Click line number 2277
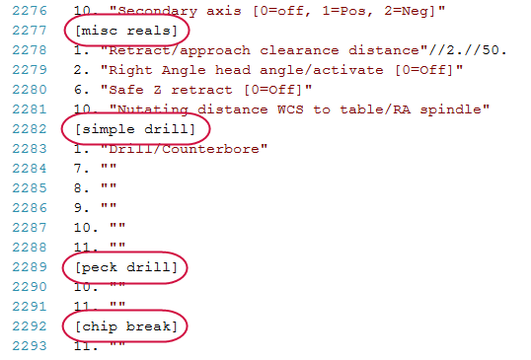point(30,31)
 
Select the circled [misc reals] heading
point(126,31)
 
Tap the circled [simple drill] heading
point(135,129)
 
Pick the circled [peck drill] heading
point(126,267)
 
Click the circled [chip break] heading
point(126,326)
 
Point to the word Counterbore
point(210,149)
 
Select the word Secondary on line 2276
point(157,11)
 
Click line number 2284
point(30,169)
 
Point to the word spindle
point(451,109)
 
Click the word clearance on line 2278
point(299,50)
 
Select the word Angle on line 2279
point(184,70)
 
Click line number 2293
point(30,346)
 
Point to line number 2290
point(30,287)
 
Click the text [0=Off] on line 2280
point(273,90)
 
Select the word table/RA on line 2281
point(376,109)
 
